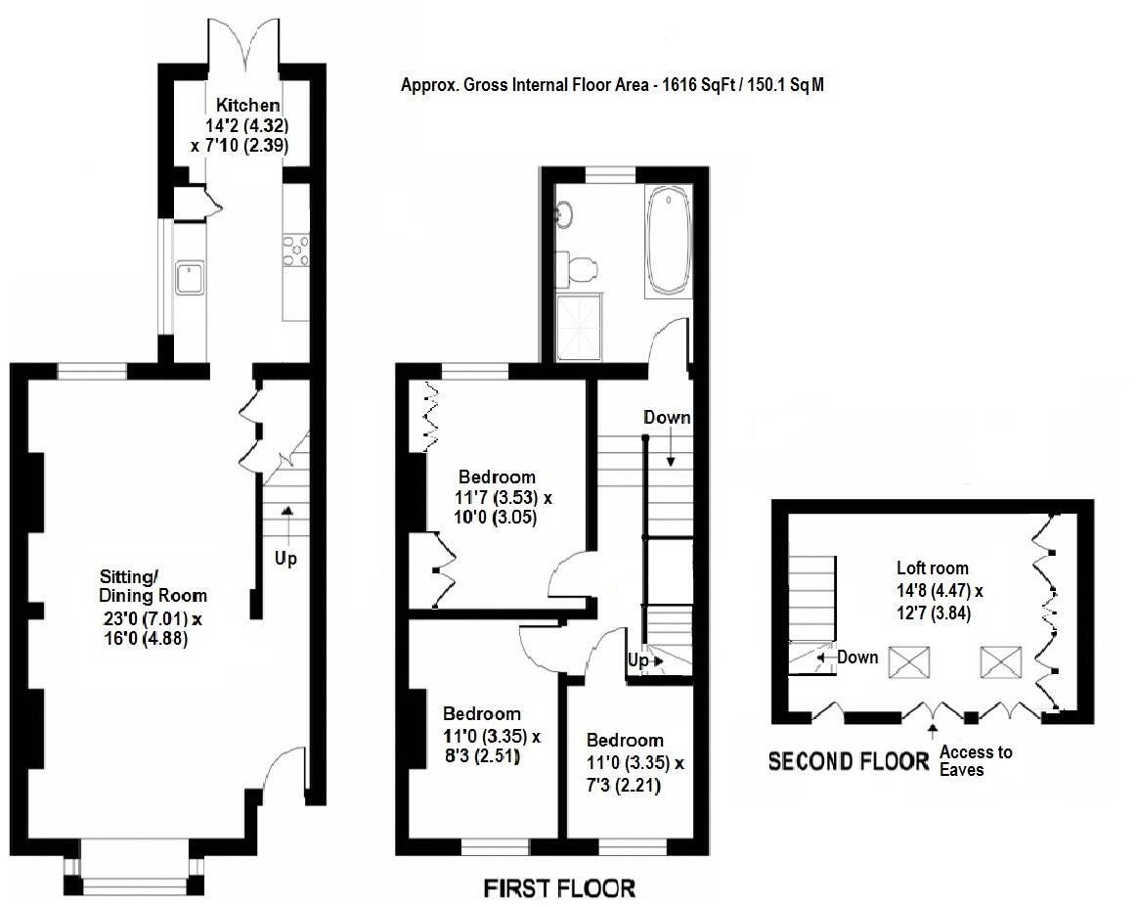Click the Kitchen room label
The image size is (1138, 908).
[248, 106]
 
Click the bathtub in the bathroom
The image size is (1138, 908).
[667, 243]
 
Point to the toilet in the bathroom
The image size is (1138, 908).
[579, 267]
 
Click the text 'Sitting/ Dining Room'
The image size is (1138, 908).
[153, 586]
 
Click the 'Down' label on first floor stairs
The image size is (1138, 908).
[667, 418]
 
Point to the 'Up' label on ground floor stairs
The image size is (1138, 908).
[285, 560]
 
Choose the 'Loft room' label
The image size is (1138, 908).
[933, 567]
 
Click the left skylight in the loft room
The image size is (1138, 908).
[908, 662]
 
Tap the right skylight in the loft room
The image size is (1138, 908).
[998, 662]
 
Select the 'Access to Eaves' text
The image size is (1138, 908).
[975, 761]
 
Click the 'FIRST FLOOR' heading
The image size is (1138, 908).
[560, 888]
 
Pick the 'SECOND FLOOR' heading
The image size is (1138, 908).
[848, 761]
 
